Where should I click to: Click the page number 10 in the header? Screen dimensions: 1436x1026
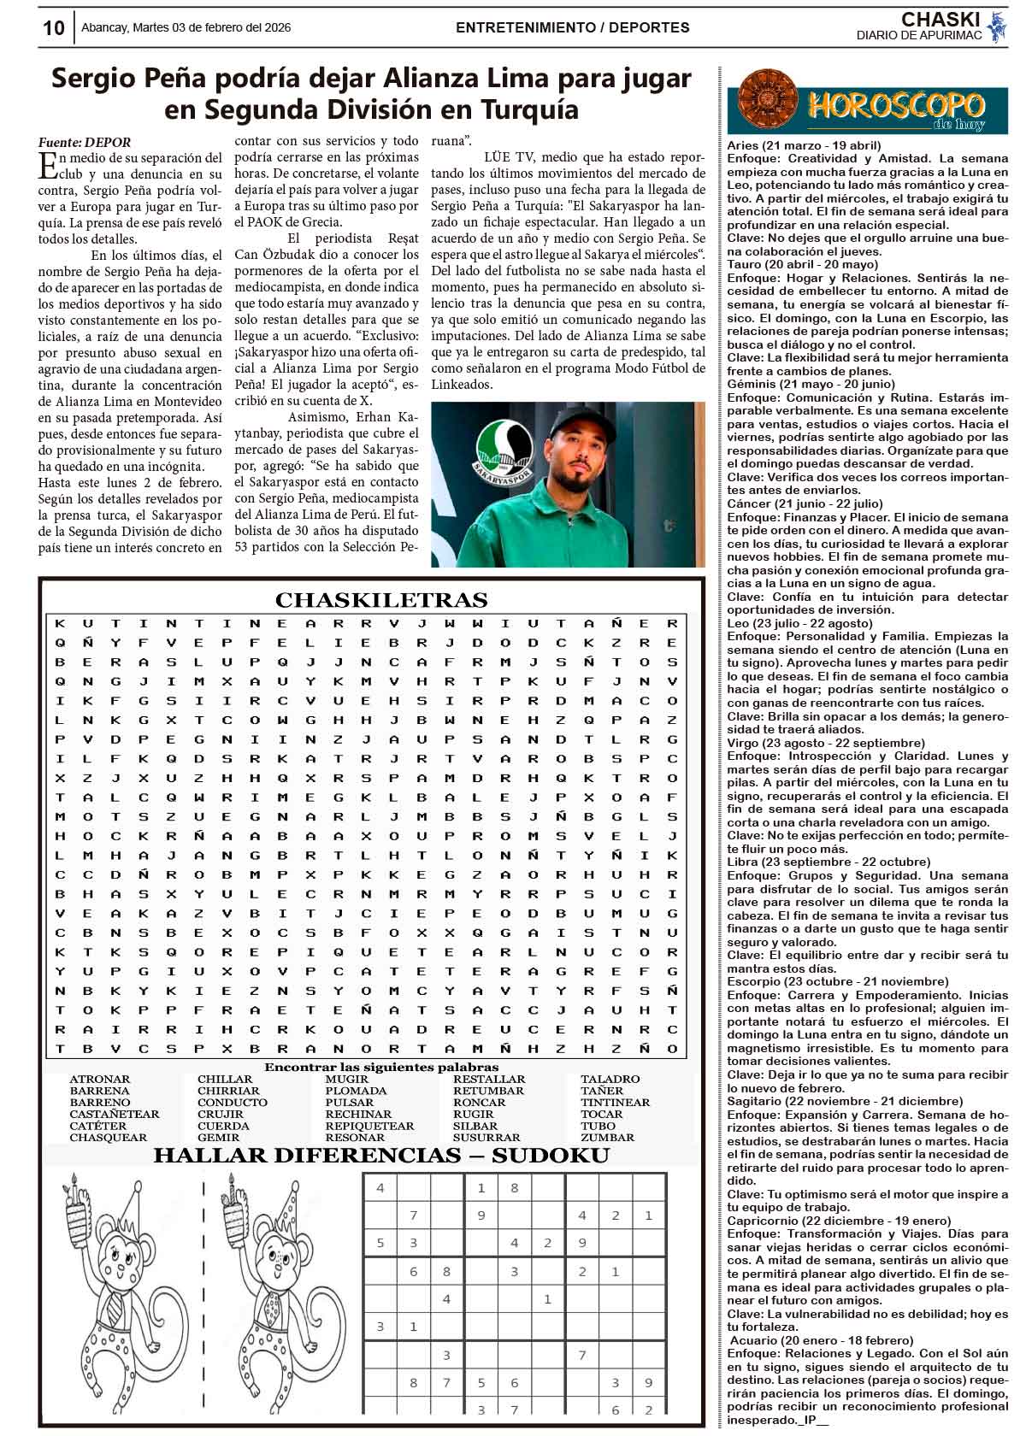[x=53, y=27]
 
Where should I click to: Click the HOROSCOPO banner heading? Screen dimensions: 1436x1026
[x=895, y=106]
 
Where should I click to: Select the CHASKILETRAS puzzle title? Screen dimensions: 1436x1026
[x=380, y=600]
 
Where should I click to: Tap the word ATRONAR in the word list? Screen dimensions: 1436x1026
[x=99, y=1079]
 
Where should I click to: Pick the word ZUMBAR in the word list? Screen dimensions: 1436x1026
[x=607, y=1138]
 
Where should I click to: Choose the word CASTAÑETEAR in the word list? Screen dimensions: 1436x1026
[x=115, y=1114]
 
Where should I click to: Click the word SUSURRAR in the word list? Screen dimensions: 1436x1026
[x=486, y=1138]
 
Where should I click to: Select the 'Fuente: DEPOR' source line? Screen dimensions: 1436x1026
[x=85, y=143]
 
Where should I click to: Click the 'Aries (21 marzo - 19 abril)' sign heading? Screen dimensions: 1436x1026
[x=804, y=145]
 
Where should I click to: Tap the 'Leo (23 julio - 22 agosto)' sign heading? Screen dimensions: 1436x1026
[x=787, y=623]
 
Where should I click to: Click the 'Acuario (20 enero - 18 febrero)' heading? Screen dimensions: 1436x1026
[x=822, y=1340]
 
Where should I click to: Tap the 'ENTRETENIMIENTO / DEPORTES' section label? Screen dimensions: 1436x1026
[x=573, y=27]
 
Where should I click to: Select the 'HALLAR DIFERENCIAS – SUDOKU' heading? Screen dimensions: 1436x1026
[x=380, y=1156]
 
